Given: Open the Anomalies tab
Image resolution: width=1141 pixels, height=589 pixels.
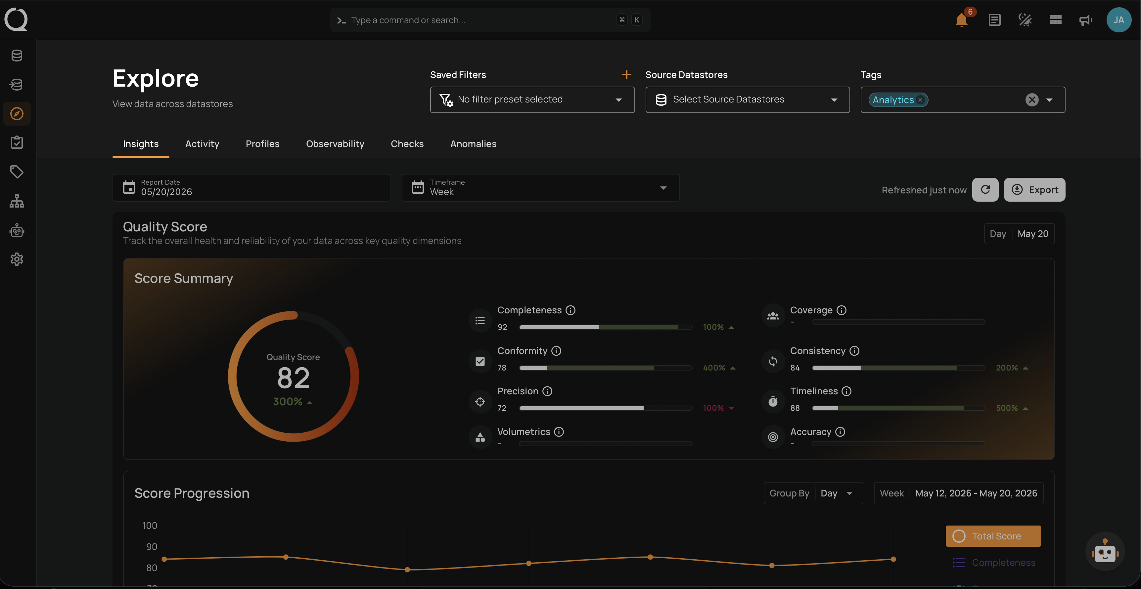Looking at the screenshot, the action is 473,144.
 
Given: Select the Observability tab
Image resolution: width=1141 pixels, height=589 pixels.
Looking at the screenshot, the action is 335,144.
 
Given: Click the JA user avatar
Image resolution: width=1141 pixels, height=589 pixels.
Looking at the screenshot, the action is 1118,20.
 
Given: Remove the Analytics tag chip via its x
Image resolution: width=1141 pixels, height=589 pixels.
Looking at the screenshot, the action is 920,100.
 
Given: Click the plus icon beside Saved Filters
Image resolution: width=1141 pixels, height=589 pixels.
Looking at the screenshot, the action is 626,74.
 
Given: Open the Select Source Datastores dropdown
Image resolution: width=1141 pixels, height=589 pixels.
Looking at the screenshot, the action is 747,99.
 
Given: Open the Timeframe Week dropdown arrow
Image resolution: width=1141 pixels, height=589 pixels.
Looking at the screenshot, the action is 663,188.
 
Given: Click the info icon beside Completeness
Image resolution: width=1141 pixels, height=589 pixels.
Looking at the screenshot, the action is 570,310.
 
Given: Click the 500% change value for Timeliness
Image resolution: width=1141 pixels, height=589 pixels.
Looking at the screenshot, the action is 1006,408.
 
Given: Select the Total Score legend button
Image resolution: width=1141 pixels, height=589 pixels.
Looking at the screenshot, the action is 993,536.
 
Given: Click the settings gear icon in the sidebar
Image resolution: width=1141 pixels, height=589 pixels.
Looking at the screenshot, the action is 17,259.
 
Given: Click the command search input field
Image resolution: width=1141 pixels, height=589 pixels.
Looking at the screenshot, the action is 483,20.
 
